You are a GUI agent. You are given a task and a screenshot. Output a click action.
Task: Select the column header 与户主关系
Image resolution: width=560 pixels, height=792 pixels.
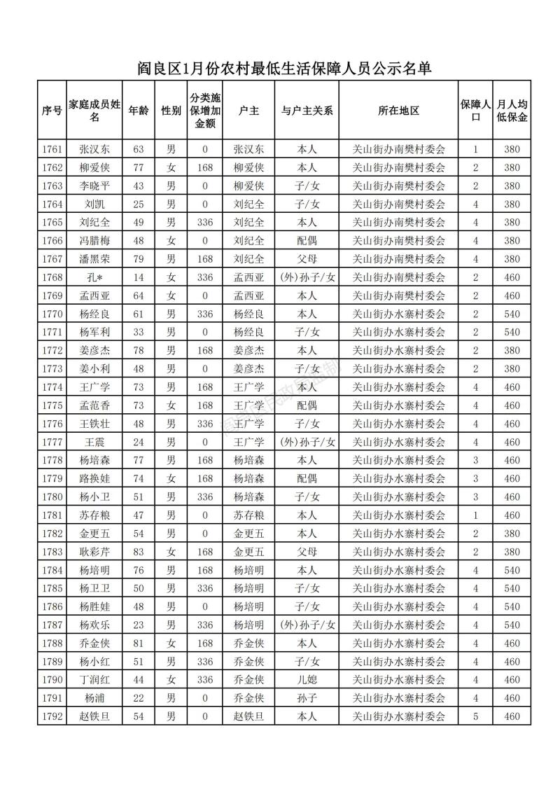coord(307,111)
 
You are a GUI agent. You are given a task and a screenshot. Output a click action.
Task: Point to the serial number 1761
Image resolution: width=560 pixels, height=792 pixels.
coord(52,149)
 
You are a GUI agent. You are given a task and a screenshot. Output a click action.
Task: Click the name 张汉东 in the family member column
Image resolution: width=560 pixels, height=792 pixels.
coord(94,149)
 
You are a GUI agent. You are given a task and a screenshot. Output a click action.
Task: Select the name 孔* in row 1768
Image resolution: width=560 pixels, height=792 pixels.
coord(94,277)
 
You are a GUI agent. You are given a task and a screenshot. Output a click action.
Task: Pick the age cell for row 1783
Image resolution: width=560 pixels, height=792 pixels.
coord(138,552)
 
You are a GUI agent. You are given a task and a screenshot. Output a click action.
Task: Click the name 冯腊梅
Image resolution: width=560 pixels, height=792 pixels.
coord(94,241)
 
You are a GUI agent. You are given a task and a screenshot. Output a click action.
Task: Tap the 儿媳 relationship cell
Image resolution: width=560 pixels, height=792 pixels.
coord(307,680)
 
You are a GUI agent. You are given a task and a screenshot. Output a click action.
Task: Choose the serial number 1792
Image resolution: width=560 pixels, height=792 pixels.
coord(52,716)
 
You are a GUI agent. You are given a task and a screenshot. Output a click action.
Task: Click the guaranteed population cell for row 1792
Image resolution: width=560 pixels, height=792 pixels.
coord(475,716)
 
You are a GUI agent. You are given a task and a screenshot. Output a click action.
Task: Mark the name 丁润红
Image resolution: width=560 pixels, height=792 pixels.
coord(94,680)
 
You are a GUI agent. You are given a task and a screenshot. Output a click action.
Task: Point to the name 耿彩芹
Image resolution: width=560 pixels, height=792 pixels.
coord(94,552)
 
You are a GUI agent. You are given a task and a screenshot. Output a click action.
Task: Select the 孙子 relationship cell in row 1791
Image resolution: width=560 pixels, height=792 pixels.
coord(307,698)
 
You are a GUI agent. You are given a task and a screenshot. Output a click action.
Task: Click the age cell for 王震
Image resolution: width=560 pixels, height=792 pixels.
coord(138,442)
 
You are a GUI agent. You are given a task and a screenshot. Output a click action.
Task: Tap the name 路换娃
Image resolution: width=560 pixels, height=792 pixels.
coord(94,478)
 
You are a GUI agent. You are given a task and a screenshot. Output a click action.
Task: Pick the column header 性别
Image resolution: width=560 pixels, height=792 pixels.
coord(171,111)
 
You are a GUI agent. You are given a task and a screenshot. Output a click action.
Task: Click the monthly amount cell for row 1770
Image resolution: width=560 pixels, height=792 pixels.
coord(512,314)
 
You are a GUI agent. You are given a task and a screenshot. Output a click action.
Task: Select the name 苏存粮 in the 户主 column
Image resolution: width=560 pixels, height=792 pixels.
coord(248,515)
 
